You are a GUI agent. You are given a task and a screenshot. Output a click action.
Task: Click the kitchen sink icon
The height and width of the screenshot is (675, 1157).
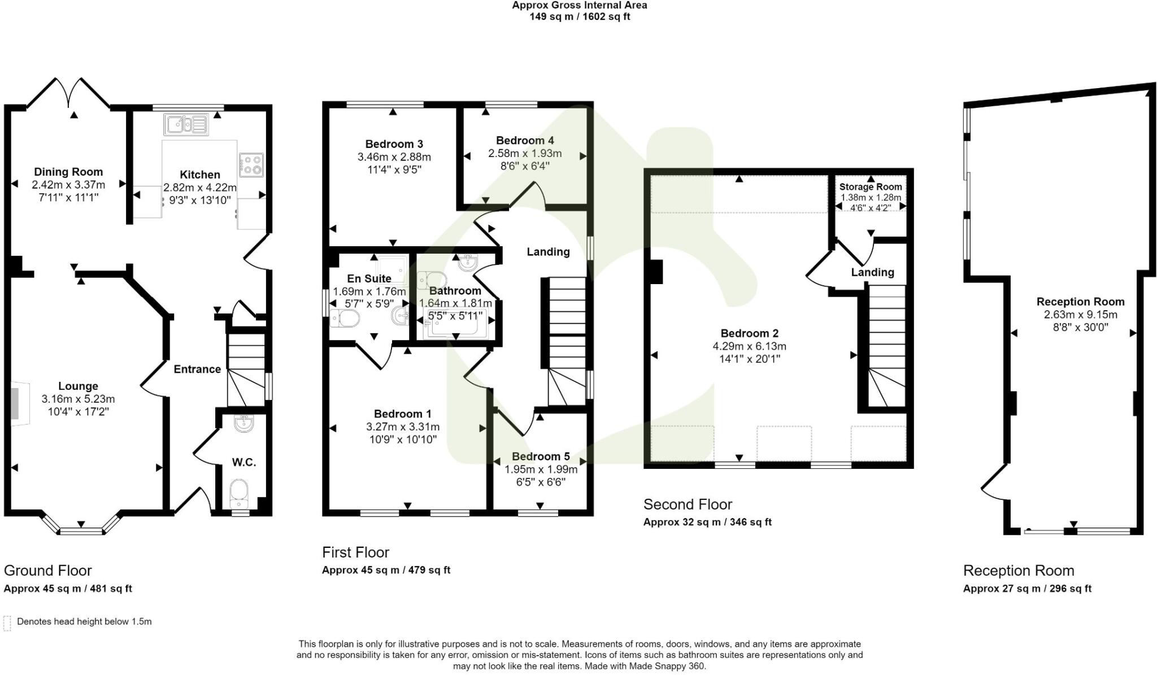click(x=186, y=124)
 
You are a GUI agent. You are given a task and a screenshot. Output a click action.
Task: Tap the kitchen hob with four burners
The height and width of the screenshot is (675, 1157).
click(x=251, y=164)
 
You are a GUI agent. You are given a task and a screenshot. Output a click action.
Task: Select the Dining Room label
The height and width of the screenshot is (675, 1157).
click(x=68, y=172)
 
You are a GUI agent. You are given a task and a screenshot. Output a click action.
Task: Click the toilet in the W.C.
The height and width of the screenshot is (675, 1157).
click(x=240, y=493)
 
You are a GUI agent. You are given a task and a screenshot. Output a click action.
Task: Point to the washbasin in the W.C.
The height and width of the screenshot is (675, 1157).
click(x=244, y=424)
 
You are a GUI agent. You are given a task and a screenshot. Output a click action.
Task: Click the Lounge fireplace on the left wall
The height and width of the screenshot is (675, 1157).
click(x=19, y=402)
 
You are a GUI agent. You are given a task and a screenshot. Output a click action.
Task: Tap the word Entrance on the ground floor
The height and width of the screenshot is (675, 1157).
click(x=197, y=369)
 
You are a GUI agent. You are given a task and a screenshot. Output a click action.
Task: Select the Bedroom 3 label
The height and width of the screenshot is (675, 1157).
click(x=394, y=144)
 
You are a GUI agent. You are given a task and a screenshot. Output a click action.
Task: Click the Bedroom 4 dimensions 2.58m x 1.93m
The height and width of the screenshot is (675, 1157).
click(x=525, y=153)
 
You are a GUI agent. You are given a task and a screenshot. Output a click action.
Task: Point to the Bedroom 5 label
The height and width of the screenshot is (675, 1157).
click(x=541, y=456)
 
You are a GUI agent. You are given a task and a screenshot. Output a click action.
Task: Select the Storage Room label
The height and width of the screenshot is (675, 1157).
click(x=871, y=187)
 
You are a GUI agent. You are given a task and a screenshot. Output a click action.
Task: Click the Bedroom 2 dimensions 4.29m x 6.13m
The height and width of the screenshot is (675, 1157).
click(x=749, y=346)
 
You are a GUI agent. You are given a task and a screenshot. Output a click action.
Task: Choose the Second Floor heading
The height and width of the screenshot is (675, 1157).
click(x=688, y=504)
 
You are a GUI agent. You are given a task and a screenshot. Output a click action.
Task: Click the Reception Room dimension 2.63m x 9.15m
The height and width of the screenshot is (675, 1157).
click(x=1080, y=315)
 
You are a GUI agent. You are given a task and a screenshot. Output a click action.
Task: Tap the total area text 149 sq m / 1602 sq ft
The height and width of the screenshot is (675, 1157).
click(x=580, y=17)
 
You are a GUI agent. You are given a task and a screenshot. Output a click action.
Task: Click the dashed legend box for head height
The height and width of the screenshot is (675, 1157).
click(x=7, y=623)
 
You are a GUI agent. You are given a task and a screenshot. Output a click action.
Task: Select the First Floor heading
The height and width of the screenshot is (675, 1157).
click(x=356, y=552)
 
